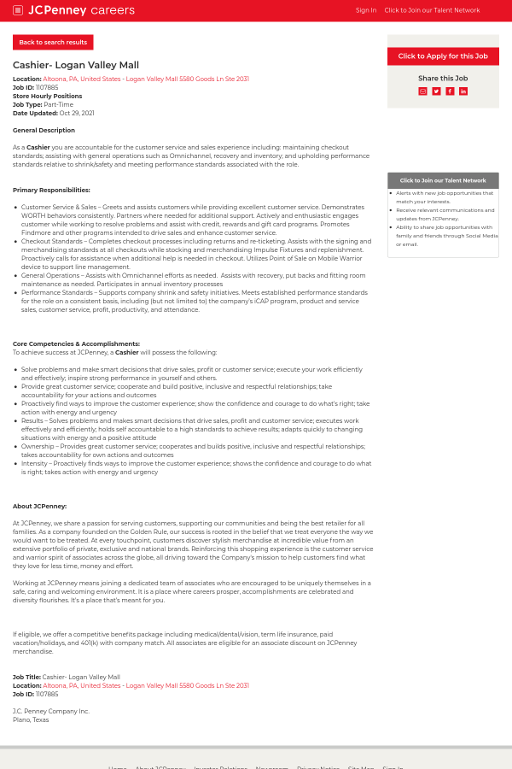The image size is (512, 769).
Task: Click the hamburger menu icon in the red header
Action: point(18,10)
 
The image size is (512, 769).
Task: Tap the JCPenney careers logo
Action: point(81,10)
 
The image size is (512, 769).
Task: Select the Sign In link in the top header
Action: point(365,10)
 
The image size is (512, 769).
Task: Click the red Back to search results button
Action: point(53,42)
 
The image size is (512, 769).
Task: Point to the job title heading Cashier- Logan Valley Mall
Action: point(76,65)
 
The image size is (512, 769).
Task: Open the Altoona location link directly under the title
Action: point(145,79)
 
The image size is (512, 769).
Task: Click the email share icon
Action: point(422,91)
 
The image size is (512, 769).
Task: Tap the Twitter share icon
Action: point(436,91)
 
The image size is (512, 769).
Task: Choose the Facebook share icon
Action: point(450,91)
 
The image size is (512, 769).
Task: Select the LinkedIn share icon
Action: point(463,91)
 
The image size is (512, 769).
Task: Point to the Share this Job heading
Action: point(443,78)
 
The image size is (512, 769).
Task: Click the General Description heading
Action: point(44,130)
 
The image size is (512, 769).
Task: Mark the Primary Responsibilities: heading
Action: point(51,190)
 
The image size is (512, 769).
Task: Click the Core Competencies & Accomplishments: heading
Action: point(76,343)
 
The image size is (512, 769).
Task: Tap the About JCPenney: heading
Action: point(39,506)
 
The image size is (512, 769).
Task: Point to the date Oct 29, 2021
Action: point(77,113)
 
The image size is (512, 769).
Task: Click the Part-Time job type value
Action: point(58,104)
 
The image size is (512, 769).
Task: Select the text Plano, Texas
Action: point(31,719)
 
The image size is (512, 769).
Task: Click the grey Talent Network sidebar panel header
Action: point(443,180)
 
